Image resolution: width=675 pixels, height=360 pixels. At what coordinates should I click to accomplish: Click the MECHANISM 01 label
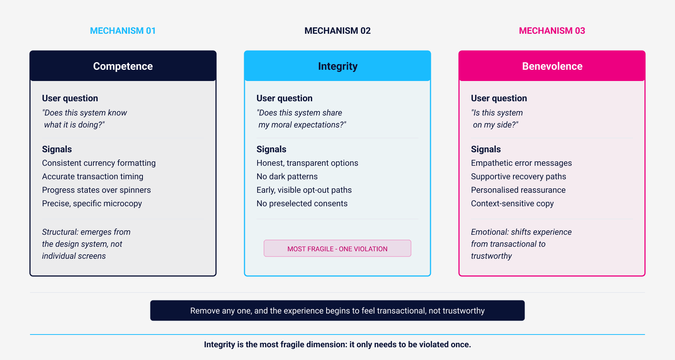coord(123,31)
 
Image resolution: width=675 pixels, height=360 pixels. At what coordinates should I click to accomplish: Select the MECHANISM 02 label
coord(337,31)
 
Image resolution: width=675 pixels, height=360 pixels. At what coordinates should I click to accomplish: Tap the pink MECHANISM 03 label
coord(552,31)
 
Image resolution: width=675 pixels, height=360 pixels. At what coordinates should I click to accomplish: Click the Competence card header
coord(123,66)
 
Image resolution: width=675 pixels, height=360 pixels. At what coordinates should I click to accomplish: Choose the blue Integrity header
coord(337,66)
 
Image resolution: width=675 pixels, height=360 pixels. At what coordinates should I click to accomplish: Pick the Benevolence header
coord(552,66)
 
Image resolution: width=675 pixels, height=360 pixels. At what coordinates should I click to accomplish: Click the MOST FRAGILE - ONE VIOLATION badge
coord(337,249)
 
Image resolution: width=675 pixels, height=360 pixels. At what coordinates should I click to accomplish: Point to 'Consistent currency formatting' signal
coord(99,163)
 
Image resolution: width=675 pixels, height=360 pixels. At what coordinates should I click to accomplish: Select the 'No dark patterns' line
coord(287,177)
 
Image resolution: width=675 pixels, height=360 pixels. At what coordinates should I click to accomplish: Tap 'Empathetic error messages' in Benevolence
coord(521,163)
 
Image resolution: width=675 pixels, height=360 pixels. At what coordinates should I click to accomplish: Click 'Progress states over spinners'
coord(96,190)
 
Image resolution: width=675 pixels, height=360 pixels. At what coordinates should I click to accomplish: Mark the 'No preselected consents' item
coord(302,204)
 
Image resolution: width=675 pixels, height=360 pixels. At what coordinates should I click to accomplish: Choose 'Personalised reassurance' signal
coord(518,190)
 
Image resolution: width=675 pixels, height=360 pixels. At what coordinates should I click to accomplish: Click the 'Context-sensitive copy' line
coord(512,204)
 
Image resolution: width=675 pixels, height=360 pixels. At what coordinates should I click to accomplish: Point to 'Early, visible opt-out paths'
coord(304,190)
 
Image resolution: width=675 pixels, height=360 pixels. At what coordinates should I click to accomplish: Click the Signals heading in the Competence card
coord(57,149)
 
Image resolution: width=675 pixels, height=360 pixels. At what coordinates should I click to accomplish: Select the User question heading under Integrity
coord(284,98)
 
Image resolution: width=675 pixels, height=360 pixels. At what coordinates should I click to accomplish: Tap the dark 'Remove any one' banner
coord(337,310)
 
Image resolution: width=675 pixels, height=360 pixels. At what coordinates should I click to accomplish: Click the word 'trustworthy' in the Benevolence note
coord(491,256)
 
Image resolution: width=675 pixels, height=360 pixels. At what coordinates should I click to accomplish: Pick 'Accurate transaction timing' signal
coord(93,177)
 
